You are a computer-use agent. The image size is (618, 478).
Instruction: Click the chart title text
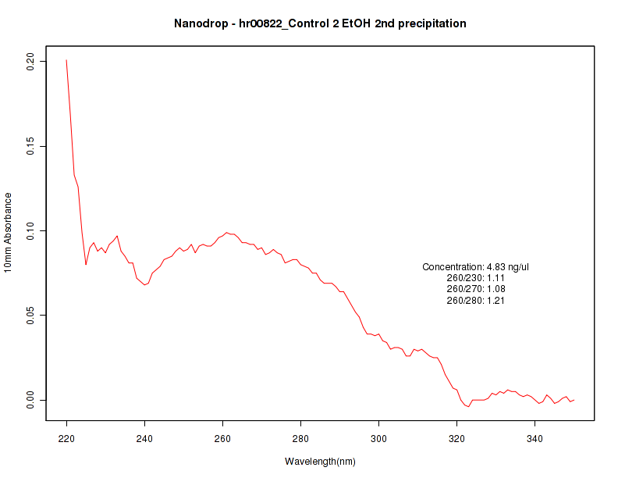tap(320, 23)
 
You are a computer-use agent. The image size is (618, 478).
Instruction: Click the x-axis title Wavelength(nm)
tap(320, 462)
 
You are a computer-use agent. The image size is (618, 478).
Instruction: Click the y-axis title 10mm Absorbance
tap(9, 231)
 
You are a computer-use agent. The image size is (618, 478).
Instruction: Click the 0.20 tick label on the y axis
tap(31, 62)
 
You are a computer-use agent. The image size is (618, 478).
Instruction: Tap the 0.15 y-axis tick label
tap(31, 146)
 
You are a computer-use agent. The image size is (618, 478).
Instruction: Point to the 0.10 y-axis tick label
tap(31, 231)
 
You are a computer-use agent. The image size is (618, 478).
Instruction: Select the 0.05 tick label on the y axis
tap(31, 316)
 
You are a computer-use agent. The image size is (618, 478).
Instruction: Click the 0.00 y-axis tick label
tap(31, 400)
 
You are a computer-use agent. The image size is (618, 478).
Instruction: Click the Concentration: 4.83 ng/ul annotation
tap(476, 267)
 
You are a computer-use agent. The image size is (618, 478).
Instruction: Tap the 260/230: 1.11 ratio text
tap(476, 278)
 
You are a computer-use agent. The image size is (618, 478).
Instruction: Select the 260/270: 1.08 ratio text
tap(476, 289)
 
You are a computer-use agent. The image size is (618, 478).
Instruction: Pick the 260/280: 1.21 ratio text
tap(476, 300)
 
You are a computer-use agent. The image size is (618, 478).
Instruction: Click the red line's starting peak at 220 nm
tap(66, 60)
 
